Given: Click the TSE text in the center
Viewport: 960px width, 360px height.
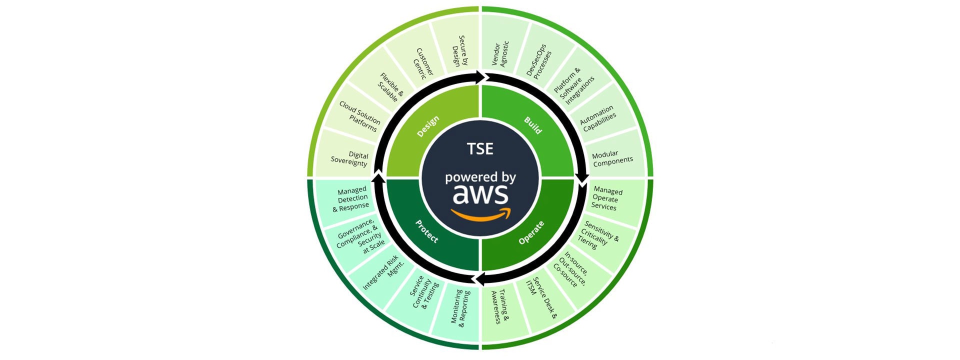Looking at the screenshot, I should point(480,148).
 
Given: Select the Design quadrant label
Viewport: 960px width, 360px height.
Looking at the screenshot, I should point(428,126).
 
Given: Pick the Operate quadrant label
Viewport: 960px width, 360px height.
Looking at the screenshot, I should point(531,232).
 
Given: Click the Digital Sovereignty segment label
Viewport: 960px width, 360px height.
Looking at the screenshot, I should point(350,159).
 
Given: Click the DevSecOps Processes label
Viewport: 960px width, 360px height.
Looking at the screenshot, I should point(539,61).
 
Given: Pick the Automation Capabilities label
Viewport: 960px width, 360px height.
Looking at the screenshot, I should point(598,118).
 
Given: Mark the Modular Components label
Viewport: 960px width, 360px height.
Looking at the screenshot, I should point(612,157).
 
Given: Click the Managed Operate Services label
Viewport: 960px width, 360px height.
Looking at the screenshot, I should point(606,198).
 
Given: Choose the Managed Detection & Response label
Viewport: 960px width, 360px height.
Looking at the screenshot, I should point(352,199).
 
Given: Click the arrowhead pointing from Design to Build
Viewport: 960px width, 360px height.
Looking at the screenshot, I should point(482,77).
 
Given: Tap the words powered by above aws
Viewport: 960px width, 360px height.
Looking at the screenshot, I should point(480,177).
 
